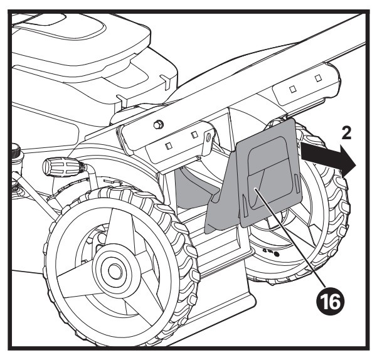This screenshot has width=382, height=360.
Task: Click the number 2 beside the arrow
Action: pyautogui.click(x=346, y=134)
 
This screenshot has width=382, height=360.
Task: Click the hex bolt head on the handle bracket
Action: pyautogui.click(x=157, y=125)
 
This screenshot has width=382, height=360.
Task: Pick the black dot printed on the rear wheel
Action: pyautogui.click(x=277, y=255)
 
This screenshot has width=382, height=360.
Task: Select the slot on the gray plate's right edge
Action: pyautogui.click(x=297, y=182)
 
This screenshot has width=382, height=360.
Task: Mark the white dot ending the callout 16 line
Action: pyautogui.click(x=254, y=189)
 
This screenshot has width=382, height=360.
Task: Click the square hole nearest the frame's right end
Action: pyautogui.click(x=317, y=78)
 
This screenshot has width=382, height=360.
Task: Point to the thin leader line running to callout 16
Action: pyautogui.click(x=290, y=236)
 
